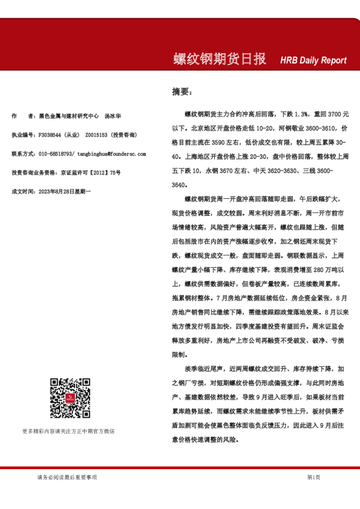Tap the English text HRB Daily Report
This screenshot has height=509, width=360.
(313, 60)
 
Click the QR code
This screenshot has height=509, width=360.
(70, 398)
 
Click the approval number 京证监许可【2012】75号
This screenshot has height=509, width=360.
(90, 172)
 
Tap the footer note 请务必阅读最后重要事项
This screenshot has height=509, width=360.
(67, 478)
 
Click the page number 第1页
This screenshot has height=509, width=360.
(313, 478)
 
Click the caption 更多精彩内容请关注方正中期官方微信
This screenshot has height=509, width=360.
(68, 431)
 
